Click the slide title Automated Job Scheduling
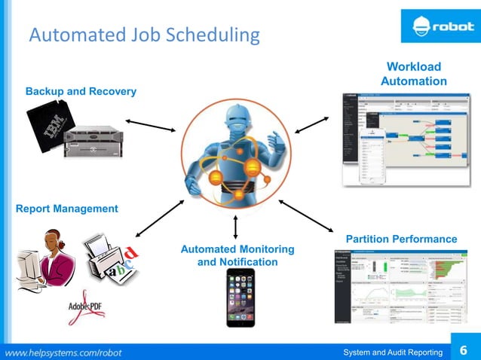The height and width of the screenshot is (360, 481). click(x=144, y=35)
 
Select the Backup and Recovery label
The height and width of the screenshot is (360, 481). click(x=81, y=91)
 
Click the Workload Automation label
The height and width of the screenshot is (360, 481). click(x=413, y=74)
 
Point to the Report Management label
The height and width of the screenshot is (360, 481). click(x=67, y=209)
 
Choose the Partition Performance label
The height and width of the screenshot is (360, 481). click(x=401, y=239)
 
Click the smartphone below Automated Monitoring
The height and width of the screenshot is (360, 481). click(x=236, y=298)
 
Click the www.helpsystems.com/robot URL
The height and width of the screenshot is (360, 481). click(x=64, y=352)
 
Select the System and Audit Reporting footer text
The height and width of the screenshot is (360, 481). click(x=391, y=352)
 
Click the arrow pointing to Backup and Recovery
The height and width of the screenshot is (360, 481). click(x=150, y=124)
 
